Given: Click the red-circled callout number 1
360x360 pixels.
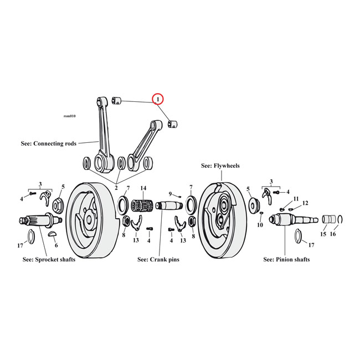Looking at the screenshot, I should [x=158, y=99].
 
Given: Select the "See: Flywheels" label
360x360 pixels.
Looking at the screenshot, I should [x=222, y=165].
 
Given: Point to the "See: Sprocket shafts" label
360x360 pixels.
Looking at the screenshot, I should [x=49, y=259].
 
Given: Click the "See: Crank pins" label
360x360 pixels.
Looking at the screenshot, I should [x=158, y=259].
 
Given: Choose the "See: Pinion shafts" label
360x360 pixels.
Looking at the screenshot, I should [x=286, y=259].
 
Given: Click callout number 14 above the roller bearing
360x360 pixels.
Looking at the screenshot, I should [x=143, y=188].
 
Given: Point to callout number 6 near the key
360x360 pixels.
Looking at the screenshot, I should [x=55, y=245].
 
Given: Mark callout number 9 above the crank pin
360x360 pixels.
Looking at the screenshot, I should [x=171, y=194].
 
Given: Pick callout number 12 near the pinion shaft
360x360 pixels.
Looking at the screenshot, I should [x=305, y=203].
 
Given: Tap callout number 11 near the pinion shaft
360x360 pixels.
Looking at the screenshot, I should [x=296, y=198].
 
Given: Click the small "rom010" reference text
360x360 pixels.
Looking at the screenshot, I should [x=70, y=116].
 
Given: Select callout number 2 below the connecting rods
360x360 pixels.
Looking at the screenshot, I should [x=116, y=188].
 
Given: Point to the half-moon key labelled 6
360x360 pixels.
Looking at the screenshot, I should [x=53, y=234].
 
